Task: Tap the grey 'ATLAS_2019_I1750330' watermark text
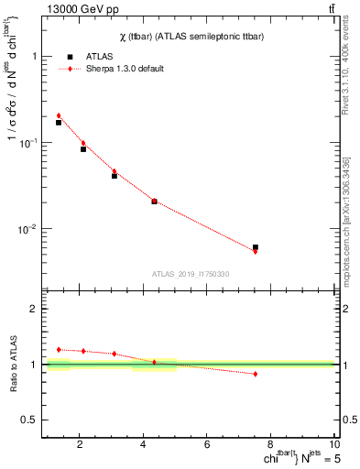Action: [191, 274]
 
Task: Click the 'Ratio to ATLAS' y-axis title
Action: [13, 364]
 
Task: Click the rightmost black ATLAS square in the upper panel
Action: [256, 247]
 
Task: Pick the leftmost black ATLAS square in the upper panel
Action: [59, 122]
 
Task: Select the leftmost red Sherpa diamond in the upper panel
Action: [59, 115]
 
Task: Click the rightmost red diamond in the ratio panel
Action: [256, 374]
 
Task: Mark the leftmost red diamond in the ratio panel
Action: [59, 349]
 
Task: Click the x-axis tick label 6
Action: [208, 445]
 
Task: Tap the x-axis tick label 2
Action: [81, 445]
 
